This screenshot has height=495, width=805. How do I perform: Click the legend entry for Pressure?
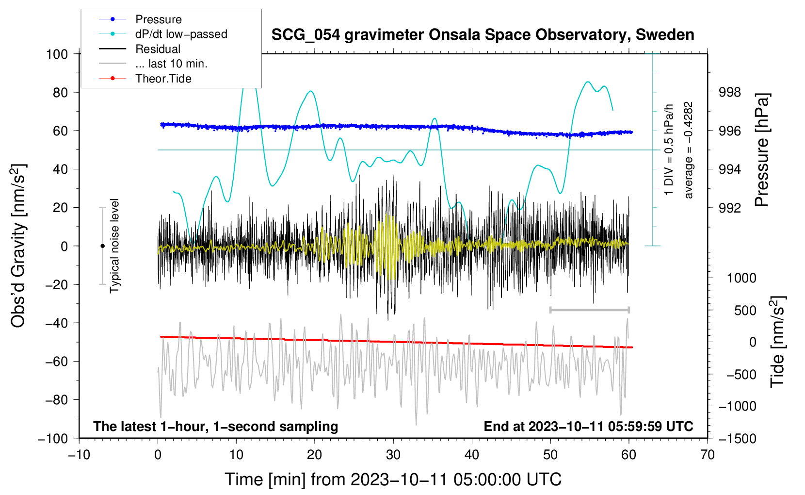[x=140, y=19]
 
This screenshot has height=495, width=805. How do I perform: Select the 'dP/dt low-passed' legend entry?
[x=163, y=34]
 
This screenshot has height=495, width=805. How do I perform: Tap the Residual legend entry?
[x=140, y=49]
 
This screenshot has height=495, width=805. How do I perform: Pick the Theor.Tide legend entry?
[x=145, y=79]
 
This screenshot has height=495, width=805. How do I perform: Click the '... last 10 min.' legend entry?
[x=153, y=64]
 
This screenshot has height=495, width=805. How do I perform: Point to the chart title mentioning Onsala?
[x=483, y=35]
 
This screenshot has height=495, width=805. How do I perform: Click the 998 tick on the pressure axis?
[x=729, y=93]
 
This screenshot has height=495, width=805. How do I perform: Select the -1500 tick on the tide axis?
[x=738, y=439]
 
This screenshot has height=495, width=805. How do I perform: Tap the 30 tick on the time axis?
[x=393, y=455]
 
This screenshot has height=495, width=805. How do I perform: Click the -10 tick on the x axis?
[x=79, y=455]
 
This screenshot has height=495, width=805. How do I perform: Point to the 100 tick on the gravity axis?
[x=57, y=54]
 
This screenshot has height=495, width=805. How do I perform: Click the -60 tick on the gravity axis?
[x=56, y=362]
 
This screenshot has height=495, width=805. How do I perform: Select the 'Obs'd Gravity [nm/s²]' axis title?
[x=18, y=246]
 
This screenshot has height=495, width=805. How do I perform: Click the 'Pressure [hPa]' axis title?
[x=762, y=150]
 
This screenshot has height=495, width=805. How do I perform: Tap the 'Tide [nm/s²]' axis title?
[x=778, y=342]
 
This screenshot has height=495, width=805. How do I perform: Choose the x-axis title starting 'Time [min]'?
[x=393, y=479]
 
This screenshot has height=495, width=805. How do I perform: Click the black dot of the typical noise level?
[x=102, y=246]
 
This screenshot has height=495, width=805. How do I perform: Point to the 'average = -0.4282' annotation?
[x=688, y=150]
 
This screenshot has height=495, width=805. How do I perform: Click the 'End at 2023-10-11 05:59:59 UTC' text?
[x=589, y=426]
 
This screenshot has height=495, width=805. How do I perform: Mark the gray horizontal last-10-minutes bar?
[x=590, y=310]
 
